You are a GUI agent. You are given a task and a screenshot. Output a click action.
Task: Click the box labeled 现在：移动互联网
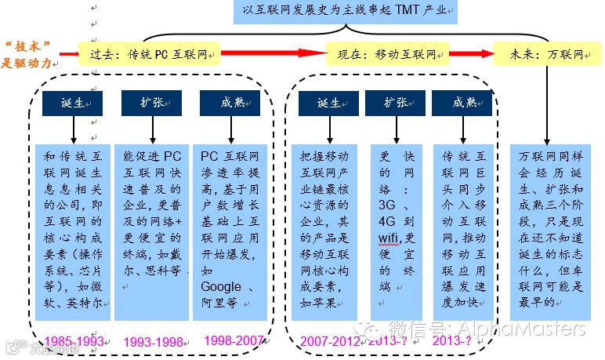[388, 56]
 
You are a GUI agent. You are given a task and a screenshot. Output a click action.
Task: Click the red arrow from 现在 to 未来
[471, 55]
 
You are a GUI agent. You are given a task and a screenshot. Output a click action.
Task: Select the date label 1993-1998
[153, 342]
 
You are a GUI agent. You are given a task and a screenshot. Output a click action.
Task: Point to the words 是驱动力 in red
[31, 63]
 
